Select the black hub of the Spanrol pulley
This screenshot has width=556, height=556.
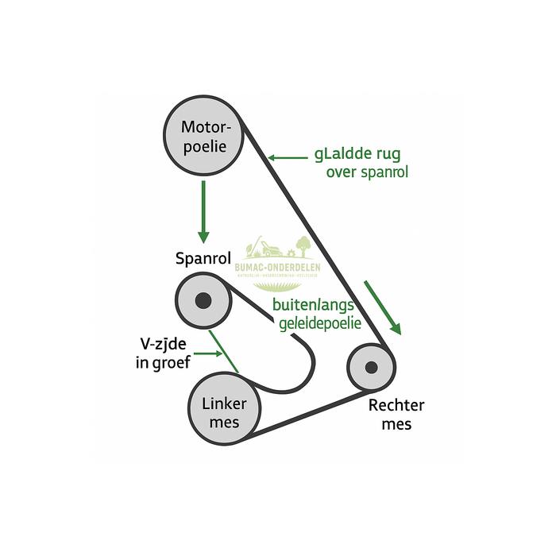click(x=203, y=300)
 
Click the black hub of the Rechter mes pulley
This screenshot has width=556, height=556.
click(x=370, y=367)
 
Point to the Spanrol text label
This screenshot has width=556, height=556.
click(x=203, y=259)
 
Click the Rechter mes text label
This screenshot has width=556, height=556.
click(x=396, y=415)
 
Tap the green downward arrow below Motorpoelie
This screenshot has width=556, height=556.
click(x=203, y=211)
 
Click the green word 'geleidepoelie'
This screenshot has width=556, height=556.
click(x=320, y=323)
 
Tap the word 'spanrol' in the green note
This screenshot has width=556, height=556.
click(x=384, y=172)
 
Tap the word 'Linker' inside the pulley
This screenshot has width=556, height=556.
click(x=224, y=403)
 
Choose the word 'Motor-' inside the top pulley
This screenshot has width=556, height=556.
click(x=206, y=127)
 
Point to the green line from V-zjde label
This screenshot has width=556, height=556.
click(x=226, y=354)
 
